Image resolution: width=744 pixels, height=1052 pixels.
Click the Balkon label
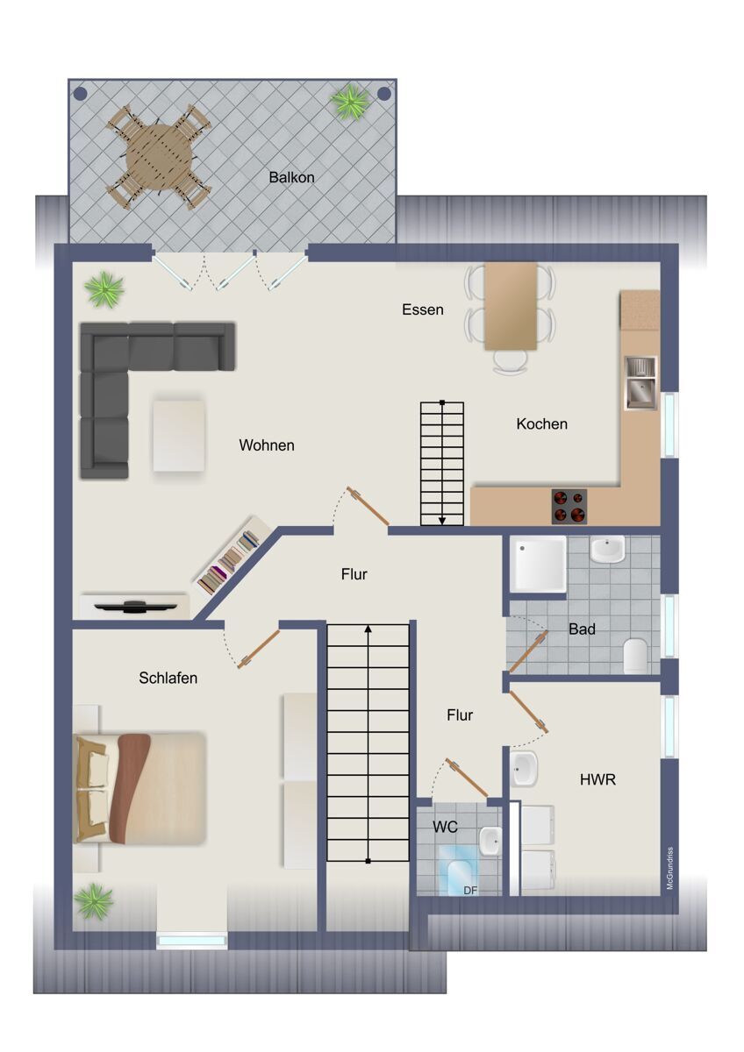point(291,177)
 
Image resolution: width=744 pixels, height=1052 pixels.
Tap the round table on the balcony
point(160,157)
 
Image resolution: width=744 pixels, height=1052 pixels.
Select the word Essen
point(423,309)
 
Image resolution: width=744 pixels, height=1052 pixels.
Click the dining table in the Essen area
point(511,306)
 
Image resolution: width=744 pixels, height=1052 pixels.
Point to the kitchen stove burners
point(569,507)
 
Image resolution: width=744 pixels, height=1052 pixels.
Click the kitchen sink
point(640,383)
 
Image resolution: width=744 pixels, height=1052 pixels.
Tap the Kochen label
point(541,423)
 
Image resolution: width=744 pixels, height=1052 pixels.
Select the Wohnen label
point(267,444)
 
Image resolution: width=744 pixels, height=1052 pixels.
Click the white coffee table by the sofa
point(179,435)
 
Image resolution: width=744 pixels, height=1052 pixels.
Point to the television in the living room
point(136,607)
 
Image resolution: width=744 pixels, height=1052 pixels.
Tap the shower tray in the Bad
point(539,564)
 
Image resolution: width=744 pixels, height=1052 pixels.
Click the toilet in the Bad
point(635,655)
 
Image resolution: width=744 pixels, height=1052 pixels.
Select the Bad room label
point(582,629)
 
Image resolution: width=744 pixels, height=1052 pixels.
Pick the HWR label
point(597,779)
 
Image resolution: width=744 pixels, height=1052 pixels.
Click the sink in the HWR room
point(524,768)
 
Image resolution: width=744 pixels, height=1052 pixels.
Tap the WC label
point(445,827)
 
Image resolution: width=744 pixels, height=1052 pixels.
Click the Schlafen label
point(168,678)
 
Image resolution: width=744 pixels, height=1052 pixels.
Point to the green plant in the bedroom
point(95,901)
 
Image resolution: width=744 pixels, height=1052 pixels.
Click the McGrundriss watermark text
point(669,868)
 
